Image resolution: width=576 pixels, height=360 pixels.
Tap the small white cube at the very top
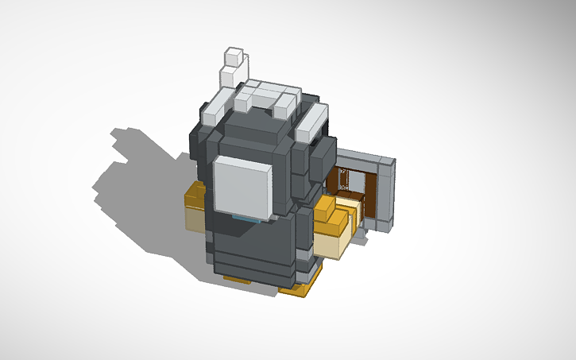(x=234, y=56)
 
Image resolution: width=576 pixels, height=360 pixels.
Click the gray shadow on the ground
(x=135, y=191)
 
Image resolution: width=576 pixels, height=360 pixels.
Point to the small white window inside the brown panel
(x=343, y=180)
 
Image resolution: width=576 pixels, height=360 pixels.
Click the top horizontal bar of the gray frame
(x=361, y=159)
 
